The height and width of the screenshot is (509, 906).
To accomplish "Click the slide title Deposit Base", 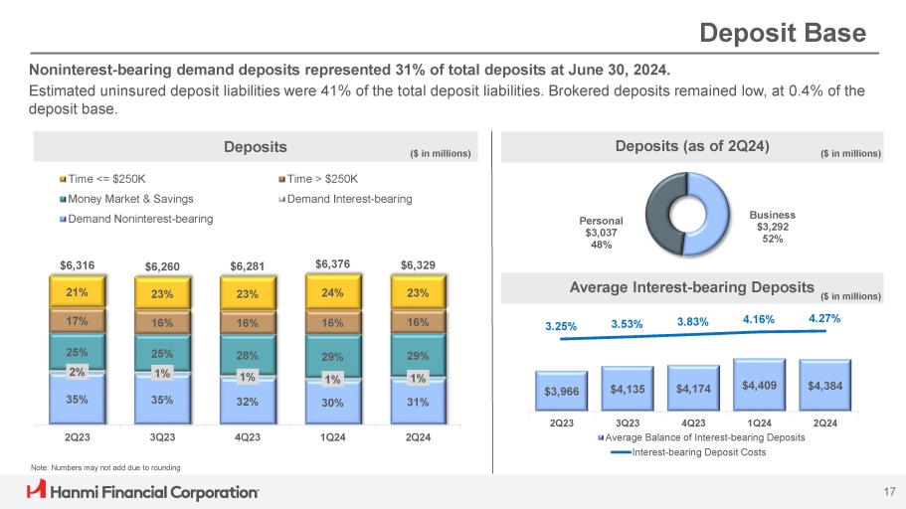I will (783, 33).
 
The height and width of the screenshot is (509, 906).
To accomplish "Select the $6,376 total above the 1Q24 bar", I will (333, 263).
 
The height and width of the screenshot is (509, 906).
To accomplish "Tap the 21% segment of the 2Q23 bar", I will (77, 292).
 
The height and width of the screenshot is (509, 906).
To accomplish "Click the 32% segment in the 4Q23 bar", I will (248, 402).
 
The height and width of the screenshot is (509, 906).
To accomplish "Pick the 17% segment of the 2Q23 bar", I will (77, 322).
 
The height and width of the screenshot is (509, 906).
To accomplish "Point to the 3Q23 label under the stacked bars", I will (162, 437).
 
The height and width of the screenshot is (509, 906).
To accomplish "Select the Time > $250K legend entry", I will (318, 179).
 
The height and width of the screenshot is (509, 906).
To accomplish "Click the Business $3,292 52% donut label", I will (781, 226).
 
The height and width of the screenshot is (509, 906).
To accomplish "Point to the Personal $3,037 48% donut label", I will (601, 232).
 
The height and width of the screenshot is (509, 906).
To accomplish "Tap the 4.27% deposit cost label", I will (823, 319).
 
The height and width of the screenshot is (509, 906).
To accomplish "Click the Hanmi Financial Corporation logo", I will (142, 491).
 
